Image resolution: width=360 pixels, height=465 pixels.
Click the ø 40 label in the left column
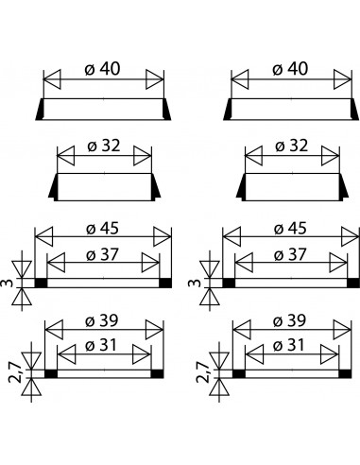[x=103, y=69]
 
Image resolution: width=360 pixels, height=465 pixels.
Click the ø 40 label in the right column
[x=290, y=69]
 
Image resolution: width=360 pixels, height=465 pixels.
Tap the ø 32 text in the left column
[x=104, y=146]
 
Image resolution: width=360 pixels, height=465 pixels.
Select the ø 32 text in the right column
[x=291, y=146]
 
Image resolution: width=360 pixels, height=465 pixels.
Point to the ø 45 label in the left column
[x=103, y=229]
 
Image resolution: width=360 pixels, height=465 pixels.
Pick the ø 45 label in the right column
[x=290, y=229]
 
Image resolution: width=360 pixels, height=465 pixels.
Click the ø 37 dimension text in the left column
[x=103, y=254]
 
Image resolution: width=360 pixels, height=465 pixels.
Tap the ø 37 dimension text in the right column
[x=290, y=254]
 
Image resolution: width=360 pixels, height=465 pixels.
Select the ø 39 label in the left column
[x=102, y=320]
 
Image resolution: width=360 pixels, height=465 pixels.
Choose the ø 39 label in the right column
[x=289, y=320]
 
